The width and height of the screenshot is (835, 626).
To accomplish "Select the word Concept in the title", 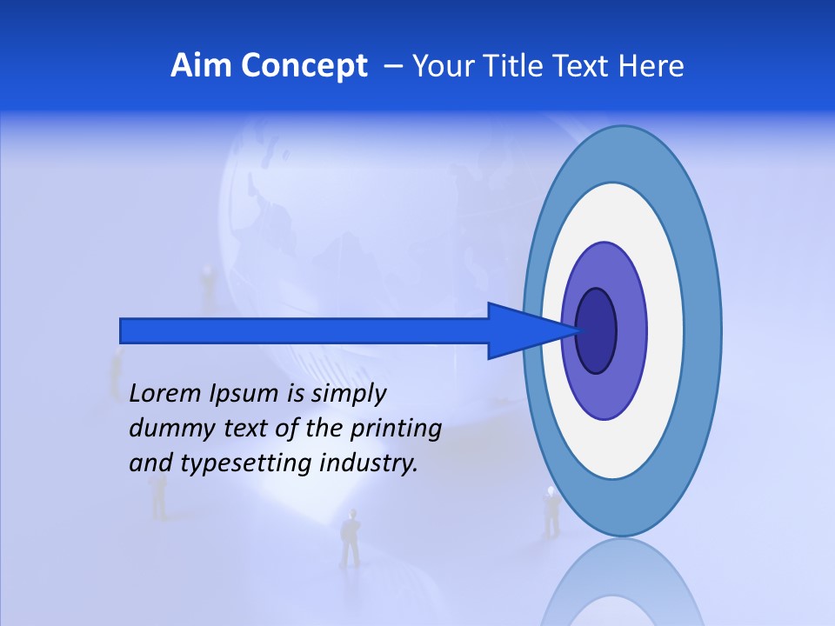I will [x=303, y=66].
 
